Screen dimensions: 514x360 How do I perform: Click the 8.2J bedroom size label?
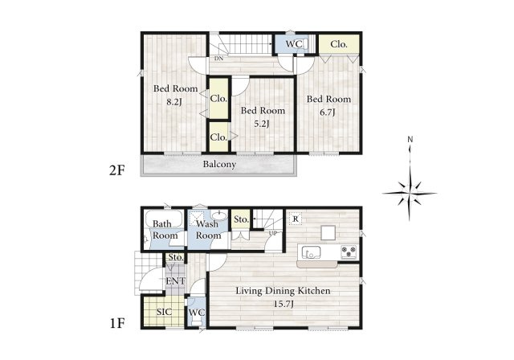pyautogui.click(x=174, y=101)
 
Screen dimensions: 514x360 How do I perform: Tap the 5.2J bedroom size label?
pyautogui.click(x=262, y=124)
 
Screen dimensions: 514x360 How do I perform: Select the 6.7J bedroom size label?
pyautogui.click(x=328, y=112)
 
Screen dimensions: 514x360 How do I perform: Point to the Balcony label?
pyautogui.click(x=219, y=164)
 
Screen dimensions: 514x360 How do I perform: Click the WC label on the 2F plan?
pyautogui.click(x=293, y=44)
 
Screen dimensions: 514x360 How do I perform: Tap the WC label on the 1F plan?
pyautogui.click(x=197, y=313)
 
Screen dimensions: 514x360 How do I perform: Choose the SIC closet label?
pyautogui.click(x=164, y=312)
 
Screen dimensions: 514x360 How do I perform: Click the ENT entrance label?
pyautogui.click(x=175, y=281)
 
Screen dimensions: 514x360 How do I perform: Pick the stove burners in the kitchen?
pyautogui.click(x=349, y=252)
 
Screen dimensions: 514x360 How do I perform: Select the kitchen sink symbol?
pyautogui.click(x=311, y=252)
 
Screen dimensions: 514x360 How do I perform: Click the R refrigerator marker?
pyautogui.click(x=296, y=219)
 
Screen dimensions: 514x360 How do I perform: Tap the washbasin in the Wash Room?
pyautogui.click(x=219, y=215)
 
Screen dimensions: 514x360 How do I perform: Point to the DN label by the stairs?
pyautogui.click(x=219, y=59)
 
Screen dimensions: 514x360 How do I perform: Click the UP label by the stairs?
pyautogui.click(x=273, y=233)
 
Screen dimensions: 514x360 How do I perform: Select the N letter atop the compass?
pyautogui.click(x=410, y=139)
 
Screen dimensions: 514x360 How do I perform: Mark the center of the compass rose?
pyautogui.click(x=410, y=193)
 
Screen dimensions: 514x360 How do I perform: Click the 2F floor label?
pyautogui.click(x=117, y=170)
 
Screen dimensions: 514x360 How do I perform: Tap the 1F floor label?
pyautogui.click(x=117, y=323)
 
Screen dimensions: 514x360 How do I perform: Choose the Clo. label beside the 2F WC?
pyautogui.click(x=339, y=44)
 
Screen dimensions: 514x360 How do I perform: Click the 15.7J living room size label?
pyautogui.click(x=284, y=304)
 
